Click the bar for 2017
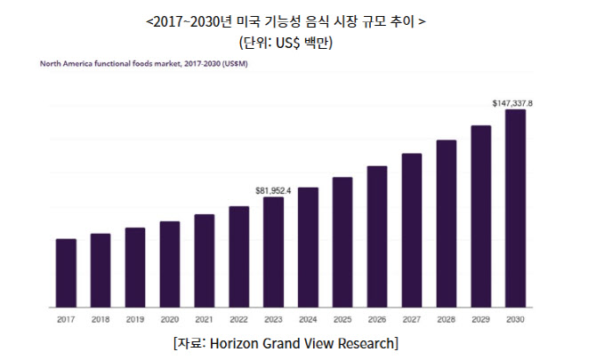click(x=66, y=270)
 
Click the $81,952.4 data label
click(x=273, y=190)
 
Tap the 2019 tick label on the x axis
click(x=135, y=318)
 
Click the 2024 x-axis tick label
click(x=308, y=318)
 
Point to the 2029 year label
click(x=480, y=318)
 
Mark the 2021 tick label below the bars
click(x=204, y=318)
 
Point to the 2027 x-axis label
click(x=411, y=318)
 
